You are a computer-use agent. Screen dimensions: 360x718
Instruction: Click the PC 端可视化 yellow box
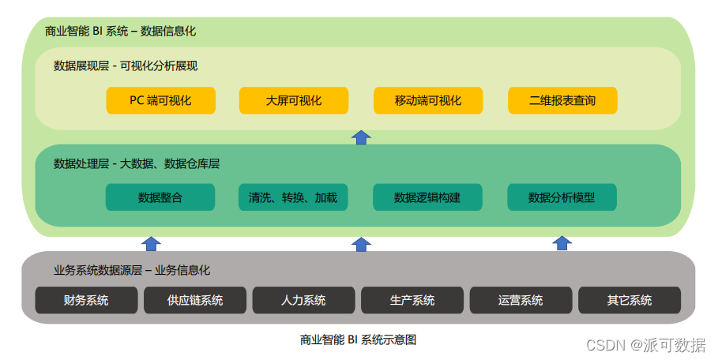160,101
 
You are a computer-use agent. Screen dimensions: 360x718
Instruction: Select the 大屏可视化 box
294,101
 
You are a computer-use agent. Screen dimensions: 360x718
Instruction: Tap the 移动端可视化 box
428,101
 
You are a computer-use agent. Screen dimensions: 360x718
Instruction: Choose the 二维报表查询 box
562,101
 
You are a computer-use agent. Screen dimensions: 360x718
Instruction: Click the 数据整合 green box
160,197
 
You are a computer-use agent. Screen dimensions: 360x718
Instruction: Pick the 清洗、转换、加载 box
293,197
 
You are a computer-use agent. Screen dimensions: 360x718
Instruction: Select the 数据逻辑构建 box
427,197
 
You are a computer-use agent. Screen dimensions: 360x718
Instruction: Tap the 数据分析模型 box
562,197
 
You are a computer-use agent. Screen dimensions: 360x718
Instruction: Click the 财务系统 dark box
86,300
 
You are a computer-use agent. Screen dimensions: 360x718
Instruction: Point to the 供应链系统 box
195,300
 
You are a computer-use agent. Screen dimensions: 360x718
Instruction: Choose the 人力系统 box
303,300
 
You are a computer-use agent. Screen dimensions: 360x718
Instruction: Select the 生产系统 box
412,300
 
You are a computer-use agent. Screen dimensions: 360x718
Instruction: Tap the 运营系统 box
521,300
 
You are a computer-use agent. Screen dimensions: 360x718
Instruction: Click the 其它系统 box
630,300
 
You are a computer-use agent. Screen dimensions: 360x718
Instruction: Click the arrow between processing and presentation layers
361,137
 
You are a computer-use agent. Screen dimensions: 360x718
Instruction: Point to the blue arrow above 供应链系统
151,243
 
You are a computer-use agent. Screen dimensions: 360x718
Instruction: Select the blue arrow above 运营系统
562,243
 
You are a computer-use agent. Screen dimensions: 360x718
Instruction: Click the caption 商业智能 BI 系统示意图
358,340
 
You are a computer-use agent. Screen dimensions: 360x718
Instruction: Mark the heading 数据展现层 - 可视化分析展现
126,66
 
